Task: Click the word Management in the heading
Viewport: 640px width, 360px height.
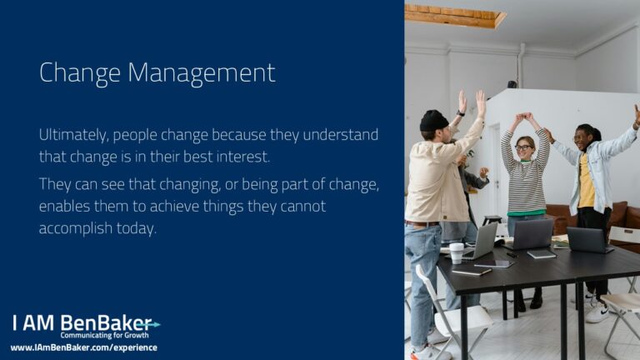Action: tap(202, 73)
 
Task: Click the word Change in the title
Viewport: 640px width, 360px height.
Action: tap(80, 73)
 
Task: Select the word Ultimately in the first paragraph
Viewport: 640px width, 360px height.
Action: tap(74, 135)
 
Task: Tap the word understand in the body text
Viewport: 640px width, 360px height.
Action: tap(340, 135)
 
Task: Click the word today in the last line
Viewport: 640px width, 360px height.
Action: tap(137, 228)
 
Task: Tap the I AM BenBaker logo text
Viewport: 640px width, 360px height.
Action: tap(82, 322)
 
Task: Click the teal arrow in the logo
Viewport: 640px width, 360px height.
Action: tap(150, 324)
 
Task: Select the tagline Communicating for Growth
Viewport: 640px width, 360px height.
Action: tap(104, 336)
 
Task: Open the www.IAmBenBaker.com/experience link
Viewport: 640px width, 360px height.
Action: tap(84, 347)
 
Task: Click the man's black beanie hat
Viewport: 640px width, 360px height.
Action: tap(434, 121)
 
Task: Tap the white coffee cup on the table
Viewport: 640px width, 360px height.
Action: tap(457, 253)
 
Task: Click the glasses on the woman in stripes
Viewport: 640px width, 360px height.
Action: tap(523, 147)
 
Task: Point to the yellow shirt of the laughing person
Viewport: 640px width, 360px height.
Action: tap(586, 182)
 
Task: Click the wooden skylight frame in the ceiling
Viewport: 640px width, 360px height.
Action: tap(456, 17)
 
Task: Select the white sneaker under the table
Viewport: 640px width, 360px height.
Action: tap(597, 312)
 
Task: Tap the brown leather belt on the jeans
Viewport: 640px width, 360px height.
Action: tap(422, 223)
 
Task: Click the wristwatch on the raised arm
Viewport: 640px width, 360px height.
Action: tap(461, 113)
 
